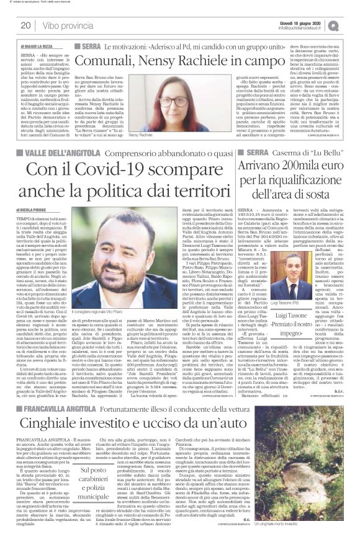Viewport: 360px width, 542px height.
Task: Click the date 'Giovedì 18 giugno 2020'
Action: [x=311, y=22]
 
